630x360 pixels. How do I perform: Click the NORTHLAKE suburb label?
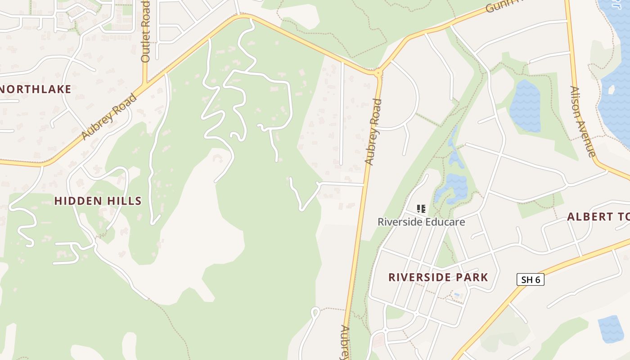click(x=36, y=89)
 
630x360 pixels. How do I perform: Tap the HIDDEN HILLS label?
click(x=98, y=201)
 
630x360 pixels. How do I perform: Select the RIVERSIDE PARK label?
click(x=438, y=277)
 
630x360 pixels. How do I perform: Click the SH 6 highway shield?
click(x=530, y=279)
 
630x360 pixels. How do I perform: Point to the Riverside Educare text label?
click(x=421, y=222)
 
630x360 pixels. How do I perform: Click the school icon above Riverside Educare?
click(x=421, y=209)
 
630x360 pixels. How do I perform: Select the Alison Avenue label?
click(x=583, y=121)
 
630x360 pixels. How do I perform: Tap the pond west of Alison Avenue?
click(x=525, y=106)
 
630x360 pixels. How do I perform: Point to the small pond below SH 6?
click(x=611, y=328)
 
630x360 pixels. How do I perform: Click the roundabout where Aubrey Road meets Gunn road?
click(x=378, y=72)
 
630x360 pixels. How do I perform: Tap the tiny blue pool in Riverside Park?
click(x=457, y=295)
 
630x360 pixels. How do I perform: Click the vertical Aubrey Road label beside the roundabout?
click(x=373, y=132)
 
